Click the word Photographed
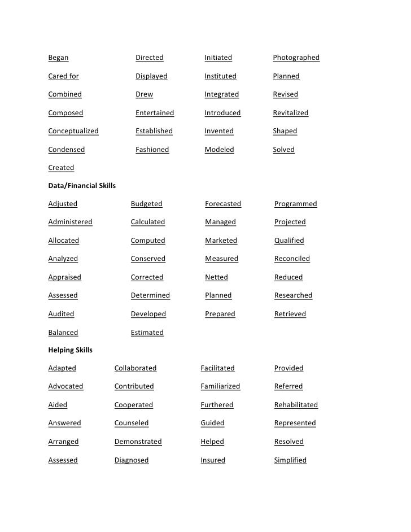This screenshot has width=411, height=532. pyautogui.click(x=296, y=58)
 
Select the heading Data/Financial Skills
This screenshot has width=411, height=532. pyautogui.click(x=82, y=185)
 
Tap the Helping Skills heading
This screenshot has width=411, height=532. pyautogui.click(x=70, y=350)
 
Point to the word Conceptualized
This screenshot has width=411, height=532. pyautogui.click(x=73, y=131)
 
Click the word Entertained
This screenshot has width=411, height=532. pyautogui.click(x=155, y=113)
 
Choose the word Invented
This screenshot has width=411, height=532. pyautogui.click(x=218, y=131)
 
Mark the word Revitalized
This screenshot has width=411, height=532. pyautogui.click(x=290, y=113)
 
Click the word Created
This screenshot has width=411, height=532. pyautogui.click(x=61, y=168)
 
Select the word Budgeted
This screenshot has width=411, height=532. pyautogui.click(x=146, y=204)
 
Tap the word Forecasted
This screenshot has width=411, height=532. pyautogui.click(x=222, y=204)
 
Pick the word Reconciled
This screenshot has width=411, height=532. pyautogui.click(x=292, y=259)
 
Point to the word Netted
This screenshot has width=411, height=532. pyautogui.click(x=216, y=277)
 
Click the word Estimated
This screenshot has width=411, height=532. pyautogui.click(x=147, y=333)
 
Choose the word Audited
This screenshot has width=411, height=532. pyautogui.click(x=61, y=314)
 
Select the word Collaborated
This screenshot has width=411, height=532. pyautogui.click(x=135, y=368)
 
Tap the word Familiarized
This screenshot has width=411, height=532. pyautogui.click(x=220, y=386)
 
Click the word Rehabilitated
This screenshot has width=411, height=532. pyautogui.click(x=296, y=405)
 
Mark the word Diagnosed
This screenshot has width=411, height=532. pyautogui.click(x=132, y=460)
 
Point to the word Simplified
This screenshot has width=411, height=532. pyautogui.click(x=290, y=460)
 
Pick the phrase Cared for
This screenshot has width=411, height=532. pyautogui.click(x=63, y=76)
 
